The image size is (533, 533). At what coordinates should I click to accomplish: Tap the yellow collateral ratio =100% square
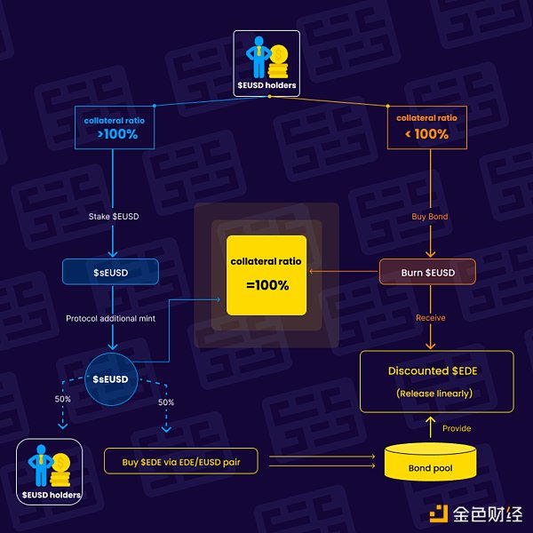point(266,274)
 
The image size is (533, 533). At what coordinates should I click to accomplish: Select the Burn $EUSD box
point(429,272)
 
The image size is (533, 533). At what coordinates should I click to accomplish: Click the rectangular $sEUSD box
point(110,272)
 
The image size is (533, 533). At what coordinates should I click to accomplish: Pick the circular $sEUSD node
point(110,379)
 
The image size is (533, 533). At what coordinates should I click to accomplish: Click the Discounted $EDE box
point(436,381)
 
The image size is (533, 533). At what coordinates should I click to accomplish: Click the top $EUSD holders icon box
point(266,63)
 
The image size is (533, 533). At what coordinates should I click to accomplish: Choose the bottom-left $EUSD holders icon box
point(50,471)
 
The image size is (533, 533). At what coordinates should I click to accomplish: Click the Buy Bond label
point(431,217)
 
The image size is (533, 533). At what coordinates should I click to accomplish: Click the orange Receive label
point(430,318)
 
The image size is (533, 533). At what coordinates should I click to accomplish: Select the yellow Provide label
point(457,428)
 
